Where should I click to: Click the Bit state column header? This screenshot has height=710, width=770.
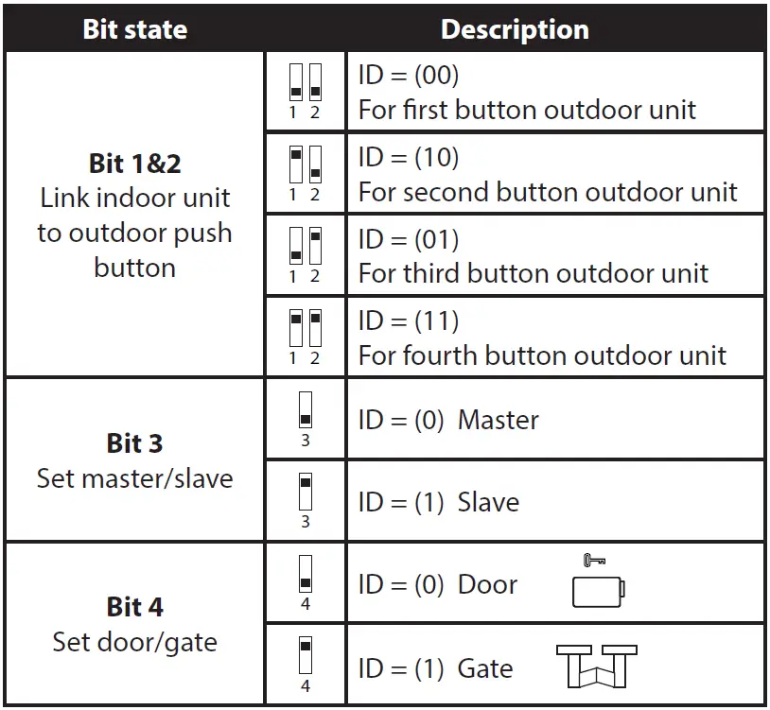[x=134, y=28]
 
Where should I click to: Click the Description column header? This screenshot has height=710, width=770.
[x=515, y=28]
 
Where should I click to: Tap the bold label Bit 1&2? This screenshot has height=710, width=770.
[x=134, y=163]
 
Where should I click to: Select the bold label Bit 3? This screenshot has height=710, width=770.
[x=134, y=442]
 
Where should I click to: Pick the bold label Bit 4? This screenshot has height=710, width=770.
[x=134, y=606]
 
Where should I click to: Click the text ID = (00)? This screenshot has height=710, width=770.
[x=408, y=76]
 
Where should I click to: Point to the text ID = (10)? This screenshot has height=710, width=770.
[x=408, y=157]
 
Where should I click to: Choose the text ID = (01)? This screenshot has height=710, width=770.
[x=408, y=238]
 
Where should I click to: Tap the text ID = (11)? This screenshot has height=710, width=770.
[x=408, y=320]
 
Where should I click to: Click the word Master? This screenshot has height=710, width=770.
[x=499, y=420]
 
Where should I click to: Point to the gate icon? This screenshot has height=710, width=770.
[x=596, y=667]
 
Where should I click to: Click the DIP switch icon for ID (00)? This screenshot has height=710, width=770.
[x=305, y=88]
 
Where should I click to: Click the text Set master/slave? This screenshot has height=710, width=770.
[x=134, y=478]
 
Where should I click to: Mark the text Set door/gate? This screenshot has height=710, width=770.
[x=134, y=642]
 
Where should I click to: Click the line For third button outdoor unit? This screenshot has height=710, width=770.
[x=533, y=274]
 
